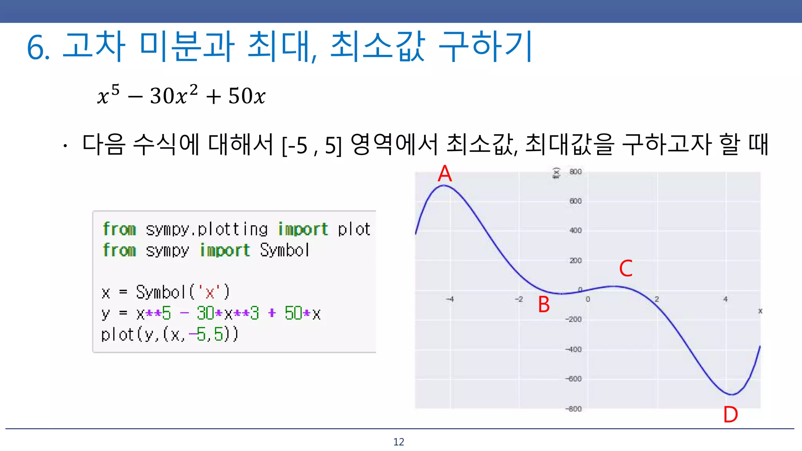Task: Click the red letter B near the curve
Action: tap(544, 305)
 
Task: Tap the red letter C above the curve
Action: tap(626, 269)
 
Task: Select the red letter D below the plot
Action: tap(730, 415)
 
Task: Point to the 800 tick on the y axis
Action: tap(575, 172)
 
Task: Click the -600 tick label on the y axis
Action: tap(574, 379)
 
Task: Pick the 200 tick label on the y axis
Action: tap(575, 261)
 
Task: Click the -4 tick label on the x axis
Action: tap(450, 299)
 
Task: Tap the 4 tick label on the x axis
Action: tap(725, 299)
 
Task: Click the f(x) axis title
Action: tap(556, 173)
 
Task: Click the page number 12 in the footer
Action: tap(399, 442)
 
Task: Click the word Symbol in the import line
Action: tap(285, 250)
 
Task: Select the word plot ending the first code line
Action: tap(354, 229)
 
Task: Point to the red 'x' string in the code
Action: tap(210, 292)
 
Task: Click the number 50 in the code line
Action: tap(293, 313)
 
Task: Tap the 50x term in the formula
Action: tap(247, 96)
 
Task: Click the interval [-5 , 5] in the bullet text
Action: tap(312, 145)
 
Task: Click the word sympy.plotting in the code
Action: tap(207, 229)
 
